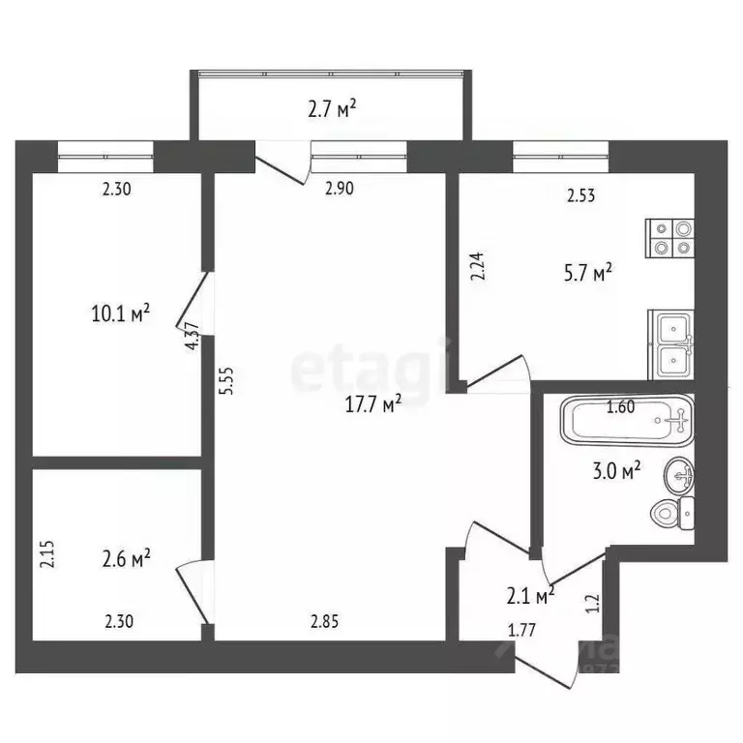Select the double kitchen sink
click(670, 344)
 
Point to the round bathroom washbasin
click(681, 475)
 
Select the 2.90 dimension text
click(339, 189)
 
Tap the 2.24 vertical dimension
click(476, 266)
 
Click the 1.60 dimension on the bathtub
click(620, 407)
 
